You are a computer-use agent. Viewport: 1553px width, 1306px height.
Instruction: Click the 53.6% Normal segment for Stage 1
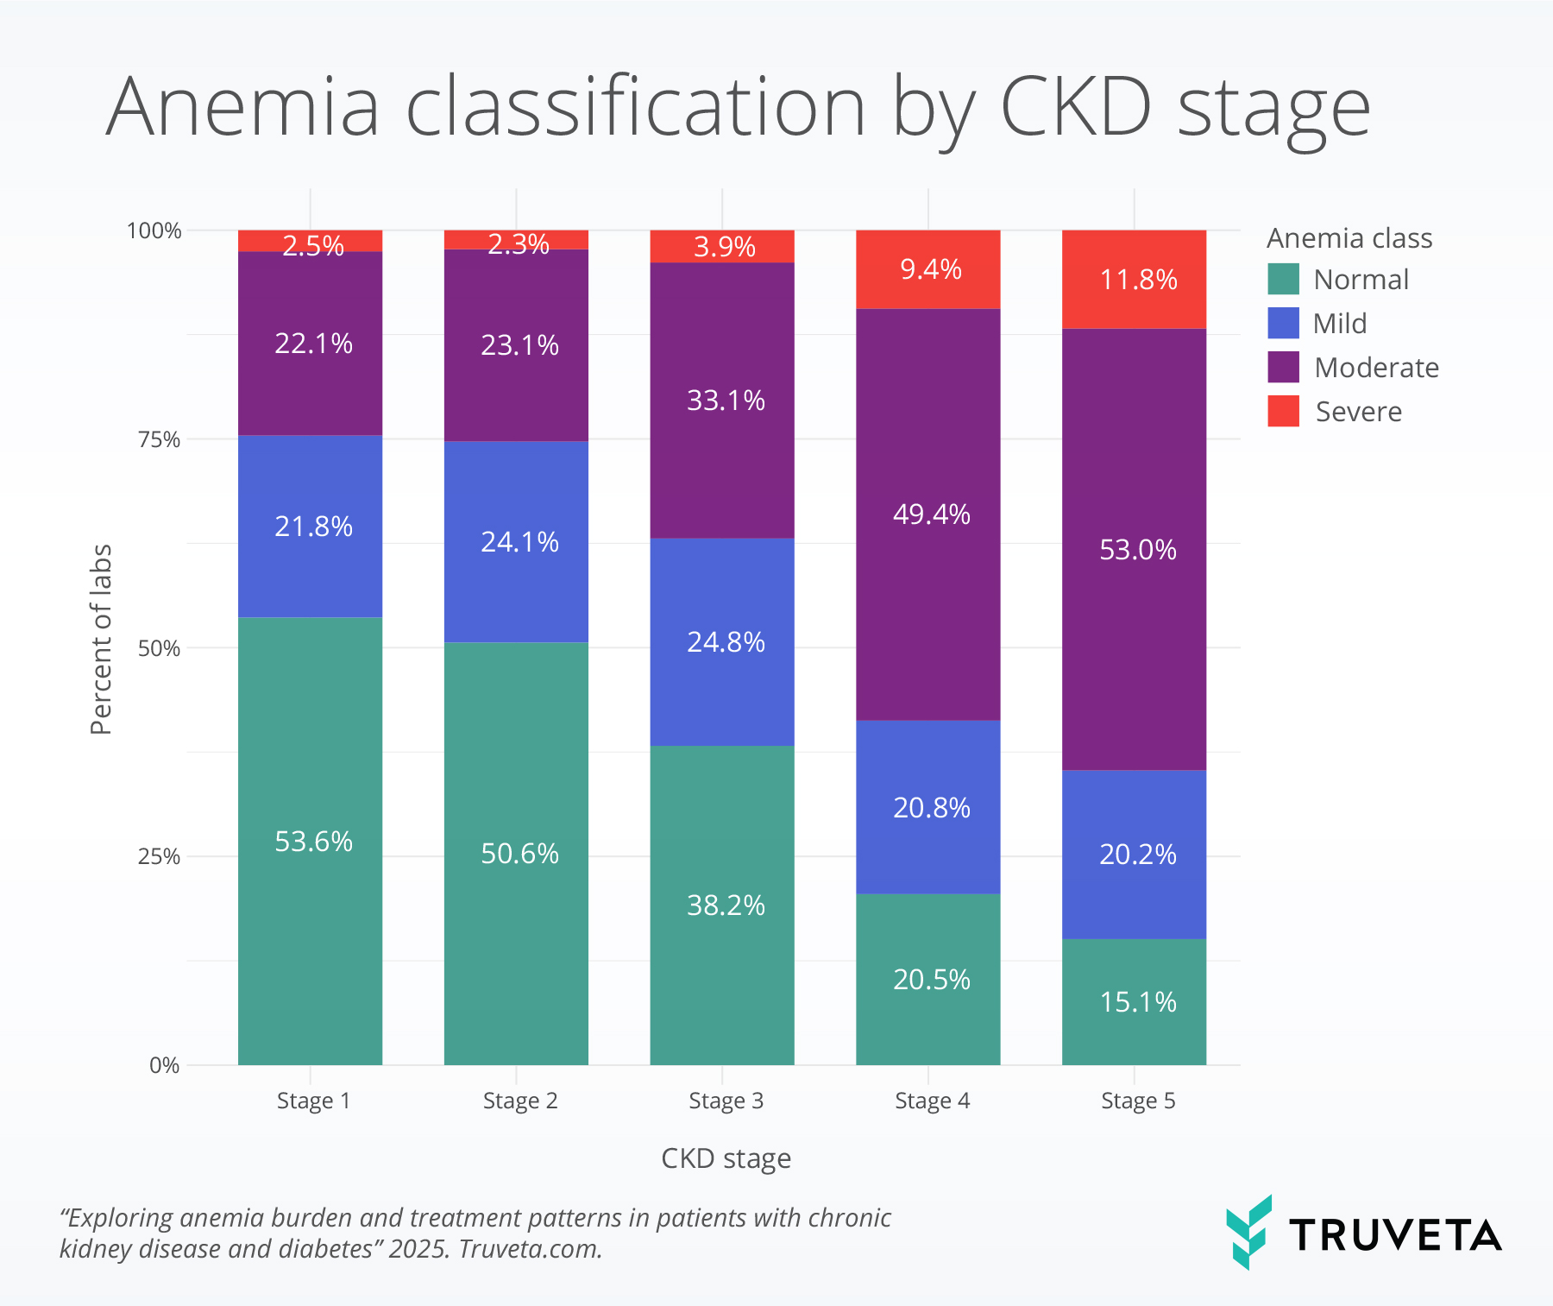pyautogui.click(x=311, y=841)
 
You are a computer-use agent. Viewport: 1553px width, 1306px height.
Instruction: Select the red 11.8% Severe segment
pyautogui.click(x=1134, y=279)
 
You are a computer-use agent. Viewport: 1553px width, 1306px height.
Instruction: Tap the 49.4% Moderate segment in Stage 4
pyautogui.click(x=928, y=514)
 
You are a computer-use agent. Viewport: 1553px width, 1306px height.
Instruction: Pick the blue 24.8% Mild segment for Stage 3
pyautogui.click(x=722, y=641)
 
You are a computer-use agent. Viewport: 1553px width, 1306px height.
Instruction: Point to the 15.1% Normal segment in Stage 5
pyautogui.click(x=1134, y=1001)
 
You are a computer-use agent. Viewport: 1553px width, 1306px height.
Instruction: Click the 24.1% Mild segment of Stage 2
pyautogui.click(x=516, y=541)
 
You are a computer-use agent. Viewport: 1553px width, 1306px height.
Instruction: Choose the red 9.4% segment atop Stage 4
pyautogui.click(x=928, y=269)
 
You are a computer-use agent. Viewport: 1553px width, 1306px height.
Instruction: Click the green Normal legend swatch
pyautogui.click(x=1283, y=280)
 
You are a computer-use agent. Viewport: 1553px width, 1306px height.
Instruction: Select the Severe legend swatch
pyautogui.click(x=1283, y=411)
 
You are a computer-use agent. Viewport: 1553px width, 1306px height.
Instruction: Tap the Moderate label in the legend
pyautogui.click(x=1376, y=368)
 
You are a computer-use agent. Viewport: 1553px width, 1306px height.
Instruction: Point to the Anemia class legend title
pyautogui.click(x=1349, y=238)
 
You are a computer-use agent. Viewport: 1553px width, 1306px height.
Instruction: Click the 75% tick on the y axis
pyautogui.click(x=160, y=439)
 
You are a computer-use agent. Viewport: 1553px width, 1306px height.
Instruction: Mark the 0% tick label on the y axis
pyautogui.click(x=164, y=1065)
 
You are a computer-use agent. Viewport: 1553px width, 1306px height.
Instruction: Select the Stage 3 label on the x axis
pyautogui.click(x=726, y=1101)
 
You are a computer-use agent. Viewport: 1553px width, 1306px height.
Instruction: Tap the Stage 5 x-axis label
pyautogui.click(x=1138, y=1101)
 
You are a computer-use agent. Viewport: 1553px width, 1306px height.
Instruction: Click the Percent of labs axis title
pyautogui.click(x=102, y=639)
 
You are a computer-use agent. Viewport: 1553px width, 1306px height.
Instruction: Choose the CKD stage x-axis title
pyautogui.click(x=726, y=1158)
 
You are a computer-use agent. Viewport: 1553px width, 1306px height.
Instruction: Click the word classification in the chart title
pyautogui.click(x=635, y=108)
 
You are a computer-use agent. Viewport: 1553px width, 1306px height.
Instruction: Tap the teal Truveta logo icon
pyautogui.click(x=1248, y=1232)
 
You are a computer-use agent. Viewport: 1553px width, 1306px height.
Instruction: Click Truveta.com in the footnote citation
pyautogui.click(x=530, y=1249)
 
